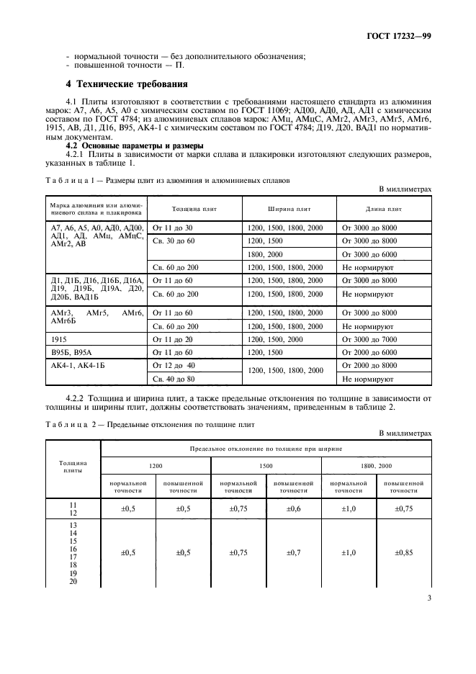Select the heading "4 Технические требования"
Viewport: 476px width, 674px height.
coord(127,84)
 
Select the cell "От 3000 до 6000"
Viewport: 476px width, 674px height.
coord(369,254)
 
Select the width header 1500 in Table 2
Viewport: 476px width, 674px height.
coord(266,466)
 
